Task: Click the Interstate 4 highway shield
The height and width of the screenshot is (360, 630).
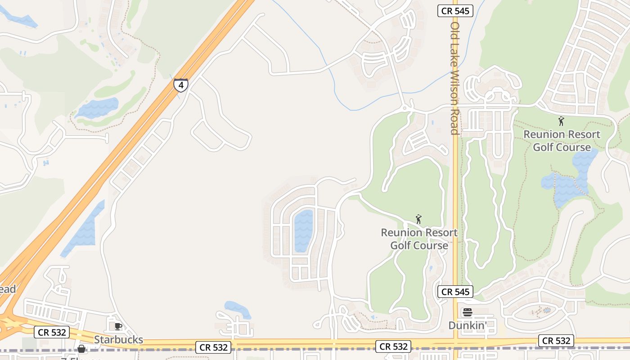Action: pos(180,85)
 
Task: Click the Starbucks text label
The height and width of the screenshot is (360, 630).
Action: pos(118,339)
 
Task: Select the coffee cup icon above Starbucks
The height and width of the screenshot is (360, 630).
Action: pos(118,326)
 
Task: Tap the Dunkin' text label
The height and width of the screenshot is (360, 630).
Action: pos(468,325)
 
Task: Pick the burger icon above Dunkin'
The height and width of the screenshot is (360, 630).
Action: pos(468,312)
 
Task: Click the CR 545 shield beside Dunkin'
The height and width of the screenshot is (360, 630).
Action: pos(455,292)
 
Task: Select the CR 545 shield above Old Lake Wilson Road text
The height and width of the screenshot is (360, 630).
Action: pos(455,11)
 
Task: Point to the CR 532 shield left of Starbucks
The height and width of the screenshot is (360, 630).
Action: pos(52,333)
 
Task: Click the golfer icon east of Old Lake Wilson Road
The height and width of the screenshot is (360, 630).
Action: pos(561,121)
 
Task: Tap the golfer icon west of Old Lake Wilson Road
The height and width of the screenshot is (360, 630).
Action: pos(418,219)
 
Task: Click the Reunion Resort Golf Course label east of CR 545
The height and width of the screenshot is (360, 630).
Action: pos(562,141)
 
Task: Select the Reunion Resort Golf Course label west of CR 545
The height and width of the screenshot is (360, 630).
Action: pos(419,239)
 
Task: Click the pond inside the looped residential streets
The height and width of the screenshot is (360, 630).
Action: pos(303,230)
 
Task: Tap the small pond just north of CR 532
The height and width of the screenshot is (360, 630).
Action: pos(237,309)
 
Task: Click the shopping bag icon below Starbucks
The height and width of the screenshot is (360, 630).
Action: pos(81,349)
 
